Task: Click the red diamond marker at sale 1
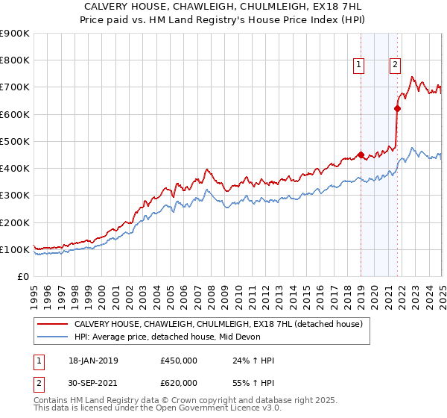361,155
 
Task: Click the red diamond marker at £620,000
397,109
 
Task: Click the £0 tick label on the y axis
22,277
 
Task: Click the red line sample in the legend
53,325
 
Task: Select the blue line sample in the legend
53,337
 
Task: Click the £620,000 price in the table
179,385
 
